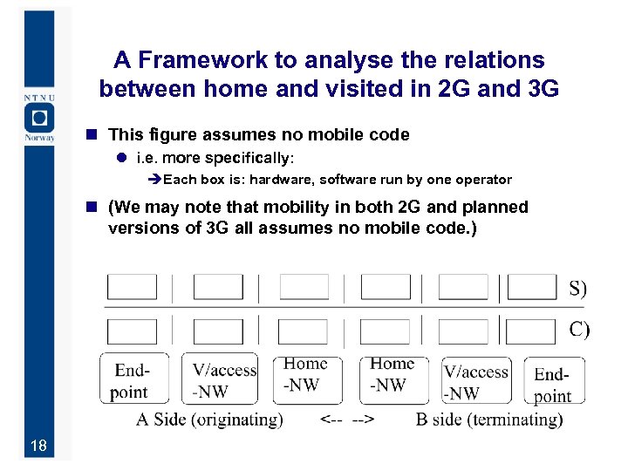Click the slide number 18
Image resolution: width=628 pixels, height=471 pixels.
pyautogui.click(x=38, y=447)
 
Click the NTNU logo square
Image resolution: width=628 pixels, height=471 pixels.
pyautogui.click(x=39, y=118)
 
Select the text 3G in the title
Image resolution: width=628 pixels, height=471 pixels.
pyautogui.click(x=538, y=89)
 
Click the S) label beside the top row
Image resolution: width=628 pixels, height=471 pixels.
pyautogui.click(x=578, y=289)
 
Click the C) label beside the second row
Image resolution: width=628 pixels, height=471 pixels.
pyautogui.click(x=579, y=330)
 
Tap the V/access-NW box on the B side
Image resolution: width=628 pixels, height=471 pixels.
pyautogui.click(x=474, y=382)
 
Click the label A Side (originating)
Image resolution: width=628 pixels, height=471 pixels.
pyautogui.click(x=209, y=420)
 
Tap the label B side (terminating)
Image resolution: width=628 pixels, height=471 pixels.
pyautogui.click(x=489, y=420)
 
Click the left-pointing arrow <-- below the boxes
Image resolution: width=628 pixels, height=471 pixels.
pyautogui.click(x=331, y=420)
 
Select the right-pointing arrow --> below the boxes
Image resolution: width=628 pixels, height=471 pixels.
pyautogui.click(x=363, y=420)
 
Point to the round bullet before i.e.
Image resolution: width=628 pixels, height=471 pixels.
pyautogui.click(x=123, y=159)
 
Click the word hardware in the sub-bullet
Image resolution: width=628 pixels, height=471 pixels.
pyautogui.click(x=282, y=180)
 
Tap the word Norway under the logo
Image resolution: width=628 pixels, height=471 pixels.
pyautogui.click(x=39, y=138)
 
